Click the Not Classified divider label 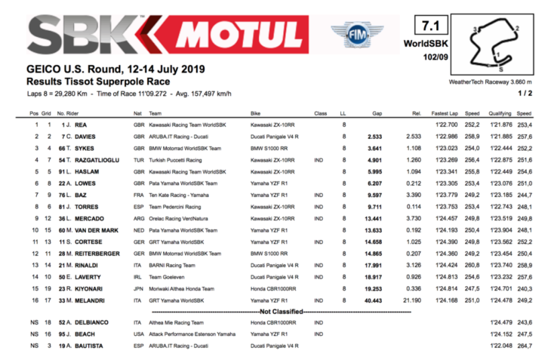[281, 311]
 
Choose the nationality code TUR [138, 161]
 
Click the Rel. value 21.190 [410, 300]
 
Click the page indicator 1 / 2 [536, 93]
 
